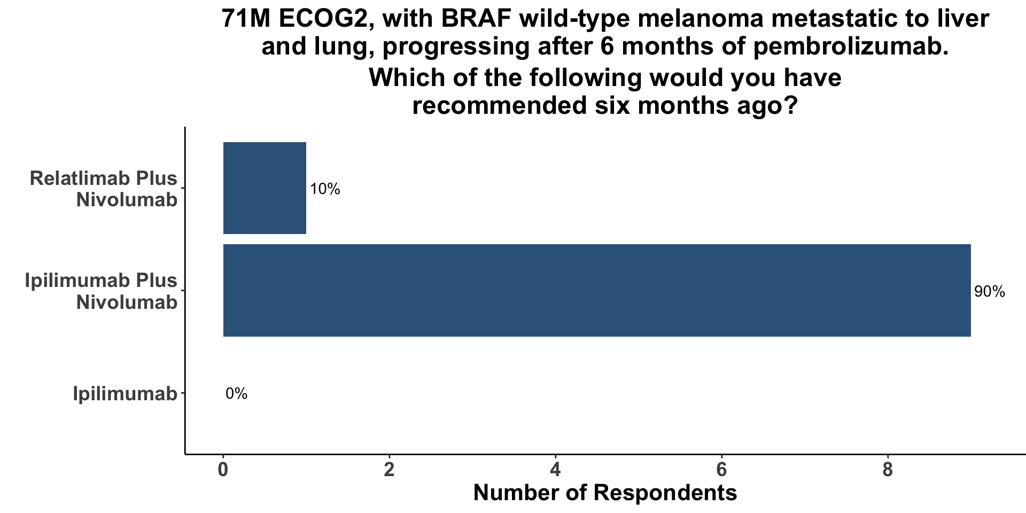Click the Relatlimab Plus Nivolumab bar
click(265, 188)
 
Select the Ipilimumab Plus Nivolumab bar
click(597, 291)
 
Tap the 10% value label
click(325, 189)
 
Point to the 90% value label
click(990, 292)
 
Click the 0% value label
click(236, 394)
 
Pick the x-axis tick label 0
click(223, 470)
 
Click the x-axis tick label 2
click(389, 470)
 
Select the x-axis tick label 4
click(556, 470)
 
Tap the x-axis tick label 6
click(722, 470)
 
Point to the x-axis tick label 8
click(888, 470)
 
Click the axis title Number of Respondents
click(605, 493)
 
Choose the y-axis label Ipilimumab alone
click(125, 394)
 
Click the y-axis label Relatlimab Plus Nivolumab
click(104, 189)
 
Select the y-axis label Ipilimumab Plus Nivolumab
click(102, 291)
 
